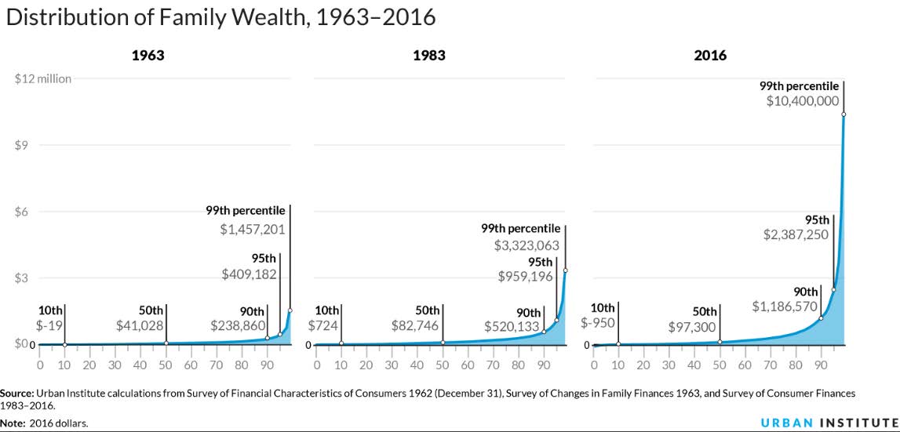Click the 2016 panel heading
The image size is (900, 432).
[x=711, y=56]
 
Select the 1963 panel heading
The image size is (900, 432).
[x=148, y=56]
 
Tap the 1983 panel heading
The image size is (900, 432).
[x=429, y=56]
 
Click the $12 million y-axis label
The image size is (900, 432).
[x=43, y=78]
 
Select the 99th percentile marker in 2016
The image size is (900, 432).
[x=844, y=114]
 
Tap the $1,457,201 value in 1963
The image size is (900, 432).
[x=252, y=231]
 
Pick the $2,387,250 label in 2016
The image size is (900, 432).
[x=796, y=234]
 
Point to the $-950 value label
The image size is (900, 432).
[x=597, y=322]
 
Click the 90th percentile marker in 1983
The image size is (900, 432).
[x=544, y=332]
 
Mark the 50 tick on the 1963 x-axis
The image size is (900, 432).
[x=166, y=365]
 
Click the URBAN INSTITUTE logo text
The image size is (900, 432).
[x=829, y=422]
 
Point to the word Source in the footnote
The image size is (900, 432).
[x=16, y=392]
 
